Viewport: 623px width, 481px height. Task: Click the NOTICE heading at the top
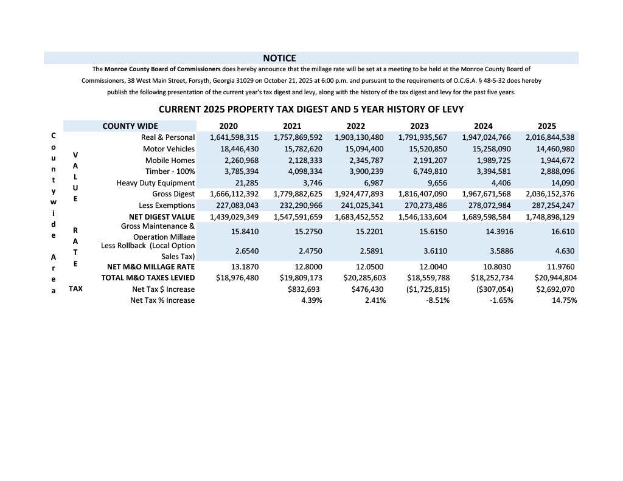tap(279, 58)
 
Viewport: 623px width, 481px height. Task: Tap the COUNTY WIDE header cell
tap(130, 126)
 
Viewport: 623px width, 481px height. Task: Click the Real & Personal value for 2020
tap(234, 137)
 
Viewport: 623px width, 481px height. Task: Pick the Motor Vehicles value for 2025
tap(550, 149)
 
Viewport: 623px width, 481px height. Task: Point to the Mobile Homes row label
tap(170, 161)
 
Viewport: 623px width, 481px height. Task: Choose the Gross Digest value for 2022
tap(359, 194)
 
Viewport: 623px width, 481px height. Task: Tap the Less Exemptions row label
tap(165, 206)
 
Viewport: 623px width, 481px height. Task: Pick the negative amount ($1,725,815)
tap(424, 289)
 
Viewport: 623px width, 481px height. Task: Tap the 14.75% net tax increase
tap(564, 300)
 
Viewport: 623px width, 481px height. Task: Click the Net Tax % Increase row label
tap(162, 300)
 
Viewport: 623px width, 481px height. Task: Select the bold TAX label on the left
tap(75, 289)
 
